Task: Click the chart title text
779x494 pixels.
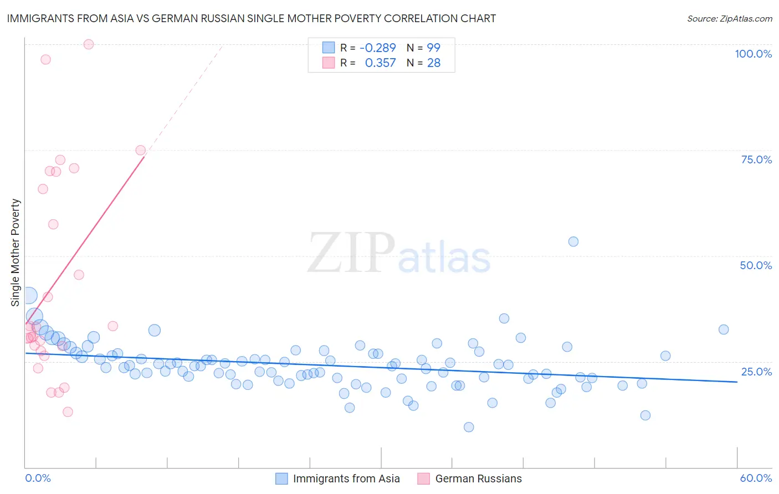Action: click(x=251, y=18)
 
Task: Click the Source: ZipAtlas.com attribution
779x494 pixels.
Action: click(x=729, y=18)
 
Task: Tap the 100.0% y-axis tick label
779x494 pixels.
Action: click(x=753, y=54)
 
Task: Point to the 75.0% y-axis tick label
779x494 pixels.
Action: click(x=756, y=159)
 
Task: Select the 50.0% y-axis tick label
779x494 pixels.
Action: click(x=756, y=265)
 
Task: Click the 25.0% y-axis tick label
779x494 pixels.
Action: click(x=756, y=372)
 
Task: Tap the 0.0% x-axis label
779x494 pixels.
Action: click(x=38, y=478)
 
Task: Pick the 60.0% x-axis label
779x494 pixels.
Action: click(x=756, y=478)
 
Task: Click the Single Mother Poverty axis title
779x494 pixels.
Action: click(x=16, y=253)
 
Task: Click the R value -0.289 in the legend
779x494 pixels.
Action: click(x=377, y=48)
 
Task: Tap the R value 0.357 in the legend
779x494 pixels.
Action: click(x=380, y=63)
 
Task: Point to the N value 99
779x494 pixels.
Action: click(x=433, y=48)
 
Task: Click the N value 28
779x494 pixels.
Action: click(x=433, y=63)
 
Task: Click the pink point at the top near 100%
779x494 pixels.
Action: click(x=89, y=44)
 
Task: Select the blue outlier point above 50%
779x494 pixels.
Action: click(x=573, y=241)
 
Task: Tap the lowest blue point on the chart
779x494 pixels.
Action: click(x=469, y=427)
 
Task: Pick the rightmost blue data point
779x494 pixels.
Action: click(x=724, y=330)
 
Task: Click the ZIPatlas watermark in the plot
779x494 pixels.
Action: click(x=399, y=254)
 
